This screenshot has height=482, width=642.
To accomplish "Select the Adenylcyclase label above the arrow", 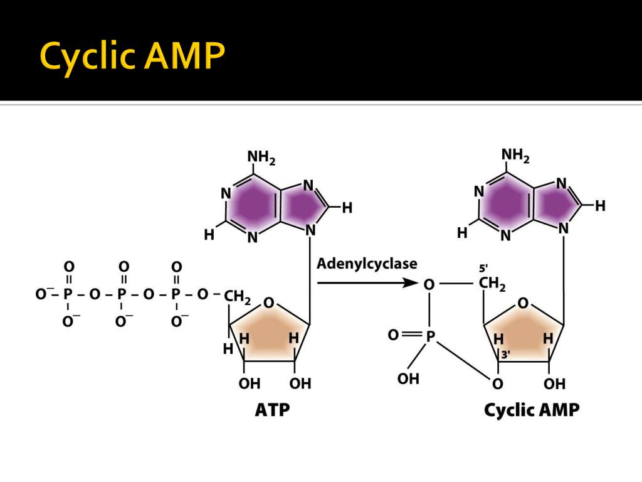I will click(x=367, y=264).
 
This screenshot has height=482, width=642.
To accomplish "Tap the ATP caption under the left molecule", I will click(x=273, y=411).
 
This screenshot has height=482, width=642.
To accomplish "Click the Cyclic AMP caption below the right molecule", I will click(x=532, y=411).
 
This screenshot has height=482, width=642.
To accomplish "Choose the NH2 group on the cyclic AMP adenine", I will click(x=515, y=155).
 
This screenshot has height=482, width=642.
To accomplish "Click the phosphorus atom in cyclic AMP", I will click(x=430, y=336).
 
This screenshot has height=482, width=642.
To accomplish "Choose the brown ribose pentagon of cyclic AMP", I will click(x=524, y=331).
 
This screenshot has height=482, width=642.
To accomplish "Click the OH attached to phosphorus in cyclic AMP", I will click(x=408, y=378).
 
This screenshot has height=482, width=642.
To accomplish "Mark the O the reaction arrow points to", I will click(x=429, y=284).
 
